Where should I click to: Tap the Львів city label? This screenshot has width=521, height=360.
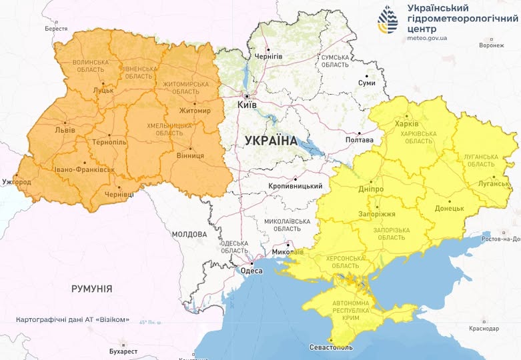click(65, 131)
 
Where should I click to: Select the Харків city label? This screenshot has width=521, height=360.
click(407, 124)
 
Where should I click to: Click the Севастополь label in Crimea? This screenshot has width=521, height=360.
click(332, 348)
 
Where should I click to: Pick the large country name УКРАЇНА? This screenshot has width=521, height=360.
click(272, 141)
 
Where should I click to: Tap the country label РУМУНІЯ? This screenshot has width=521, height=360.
click(91, 289)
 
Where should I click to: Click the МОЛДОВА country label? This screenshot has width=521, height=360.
click(189, 235)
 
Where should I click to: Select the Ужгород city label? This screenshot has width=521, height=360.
click(17, 181)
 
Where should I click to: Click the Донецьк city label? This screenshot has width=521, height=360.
click(449, 208)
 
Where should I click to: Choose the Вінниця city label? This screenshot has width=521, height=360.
click(189, 156)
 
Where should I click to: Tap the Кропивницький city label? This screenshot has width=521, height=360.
click(294, 186)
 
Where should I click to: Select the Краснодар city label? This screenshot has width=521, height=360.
click(484, 329)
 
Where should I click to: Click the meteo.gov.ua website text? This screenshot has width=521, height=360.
click(427, 38)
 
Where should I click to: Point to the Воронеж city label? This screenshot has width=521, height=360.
click(491, 45)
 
